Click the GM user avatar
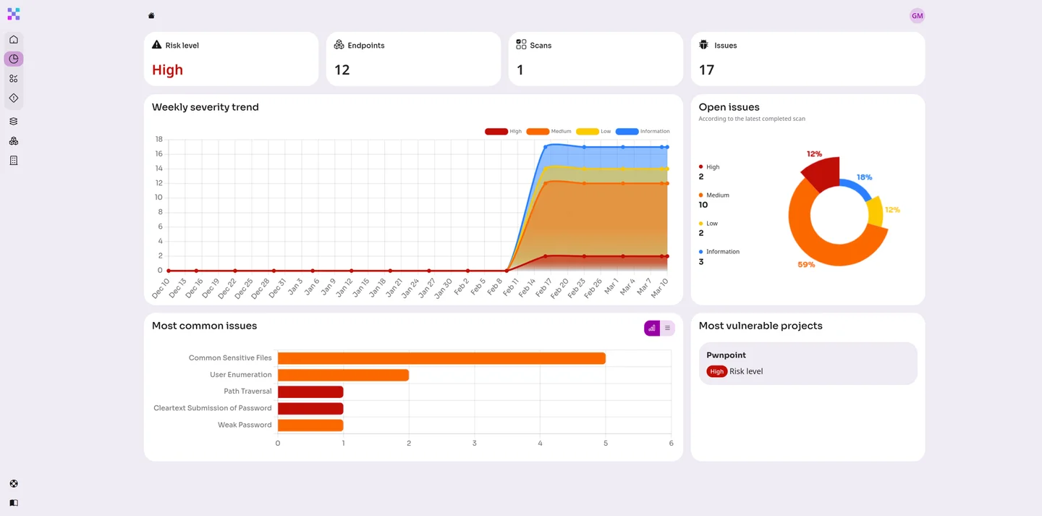coord(917,16)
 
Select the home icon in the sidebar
coord(14,39)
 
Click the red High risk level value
coord(167,70)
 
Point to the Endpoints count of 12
coord(342,70)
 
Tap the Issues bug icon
coord(703,45)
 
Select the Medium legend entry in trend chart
coord(549,132)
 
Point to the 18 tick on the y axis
coord(158,139)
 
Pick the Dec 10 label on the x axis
coord(161,287)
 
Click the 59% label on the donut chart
coord(806,265)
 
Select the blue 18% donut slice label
coord(864,177)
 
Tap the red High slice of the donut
coord(822,174)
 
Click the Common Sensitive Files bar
coord(441,358)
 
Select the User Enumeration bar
coord(343,375)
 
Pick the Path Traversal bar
coord(310,392)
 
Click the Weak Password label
coord(245,425)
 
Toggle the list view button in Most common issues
coord(667,328)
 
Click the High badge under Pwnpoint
coord(716,371)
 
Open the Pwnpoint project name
coord(726,355)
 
